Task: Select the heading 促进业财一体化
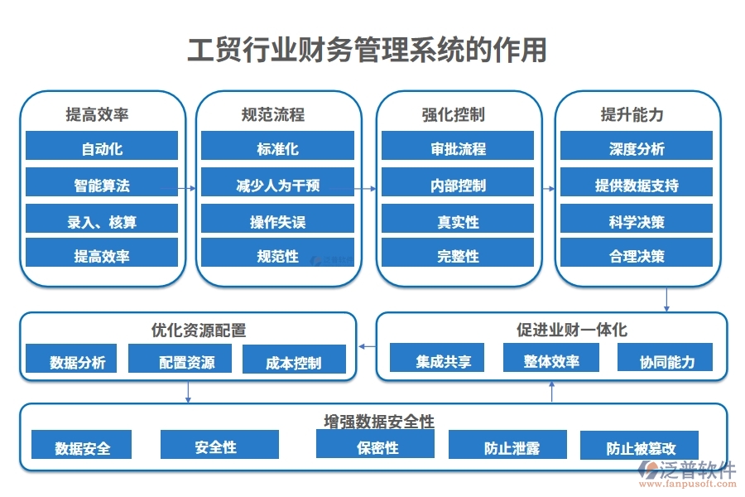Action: coord(572,330)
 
